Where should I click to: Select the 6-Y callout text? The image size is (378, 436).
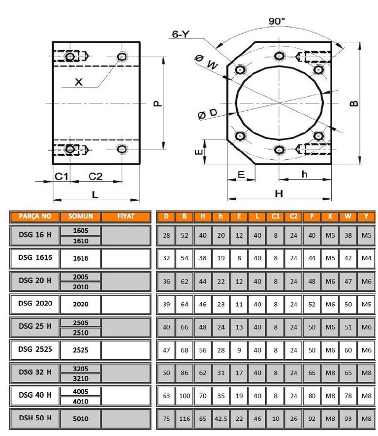tap(182, 34)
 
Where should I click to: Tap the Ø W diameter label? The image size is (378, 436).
tap(206, 62)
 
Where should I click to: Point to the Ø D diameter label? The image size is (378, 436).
tap(207, 115)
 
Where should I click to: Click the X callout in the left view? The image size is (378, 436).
tap(78, 82)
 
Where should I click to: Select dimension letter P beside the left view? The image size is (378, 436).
tap(157, 103)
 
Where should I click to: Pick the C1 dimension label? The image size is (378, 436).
tap(62, 176)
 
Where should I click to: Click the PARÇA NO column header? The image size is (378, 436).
tap(35, 217)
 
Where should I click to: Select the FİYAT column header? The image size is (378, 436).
tap(126, 217)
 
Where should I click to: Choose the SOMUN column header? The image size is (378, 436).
tap(81, 217)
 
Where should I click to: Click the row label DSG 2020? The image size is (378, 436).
tap(35, 304)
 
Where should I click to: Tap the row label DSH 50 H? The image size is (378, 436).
tap(35, 418)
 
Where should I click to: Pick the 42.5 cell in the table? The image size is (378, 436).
tap(221, 419)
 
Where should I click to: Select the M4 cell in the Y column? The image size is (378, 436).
tap(366, 258)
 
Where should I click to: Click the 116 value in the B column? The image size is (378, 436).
tap(185, 419)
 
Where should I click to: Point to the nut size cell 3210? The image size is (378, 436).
tap(81, 378)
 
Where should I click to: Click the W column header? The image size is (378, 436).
tap(348, 217)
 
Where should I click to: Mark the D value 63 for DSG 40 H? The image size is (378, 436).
tap(166, 396)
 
